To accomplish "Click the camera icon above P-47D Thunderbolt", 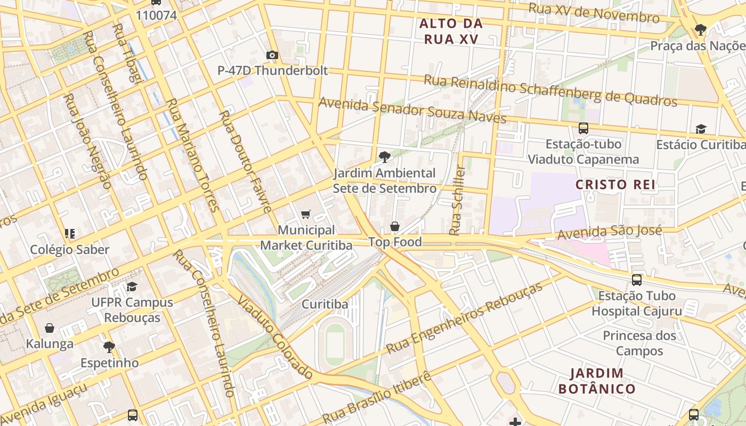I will (272, 55).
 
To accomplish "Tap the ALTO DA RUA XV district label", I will (451, 31).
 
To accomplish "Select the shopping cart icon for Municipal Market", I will (306, 214).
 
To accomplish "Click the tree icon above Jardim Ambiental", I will (384, 157).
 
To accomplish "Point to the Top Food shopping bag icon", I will (395, 226).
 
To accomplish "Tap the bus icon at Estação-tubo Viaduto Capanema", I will (583, 128).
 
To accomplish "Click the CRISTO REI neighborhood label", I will (615, 185).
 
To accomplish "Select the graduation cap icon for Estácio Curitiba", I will (701, 129).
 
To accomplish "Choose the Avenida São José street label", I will (610, 232).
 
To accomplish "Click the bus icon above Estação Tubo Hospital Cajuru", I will (637, 280).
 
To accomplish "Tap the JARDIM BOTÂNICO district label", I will (597, 381).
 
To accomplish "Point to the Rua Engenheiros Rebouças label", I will (464, 318).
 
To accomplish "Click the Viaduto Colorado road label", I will (274, 337).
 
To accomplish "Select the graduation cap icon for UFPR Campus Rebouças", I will (132, 286).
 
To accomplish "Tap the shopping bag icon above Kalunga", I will (50, 328).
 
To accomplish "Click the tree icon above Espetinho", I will (109, 347).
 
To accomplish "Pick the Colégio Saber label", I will (70, 249).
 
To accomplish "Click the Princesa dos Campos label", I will (639, 343).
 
